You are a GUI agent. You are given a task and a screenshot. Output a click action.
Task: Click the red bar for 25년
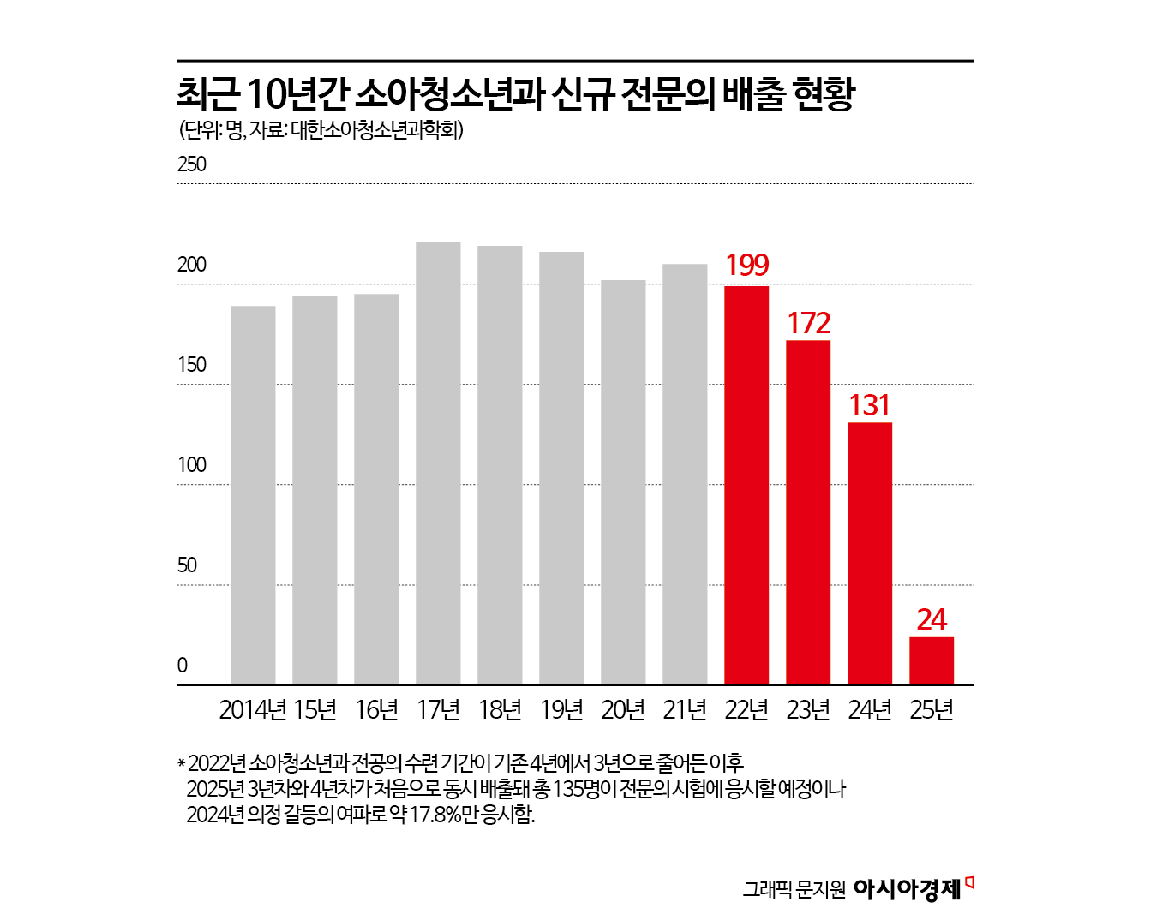[932, 660]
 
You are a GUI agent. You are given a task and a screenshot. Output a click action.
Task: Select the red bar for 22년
[746, 485]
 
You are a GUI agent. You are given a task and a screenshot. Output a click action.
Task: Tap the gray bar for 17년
[438, 463]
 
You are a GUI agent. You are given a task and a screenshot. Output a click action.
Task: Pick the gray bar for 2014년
[253, 495]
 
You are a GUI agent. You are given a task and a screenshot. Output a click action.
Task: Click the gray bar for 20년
[623, 482]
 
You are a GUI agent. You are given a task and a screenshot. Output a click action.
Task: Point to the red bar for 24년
[870, 553]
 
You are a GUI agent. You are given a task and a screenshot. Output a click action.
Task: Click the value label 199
[746, 266]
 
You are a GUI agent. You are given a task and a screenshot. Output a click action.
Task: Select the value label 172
[808, 323]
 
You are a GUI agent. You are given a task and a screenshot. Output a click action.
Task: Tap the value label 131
[870, 405]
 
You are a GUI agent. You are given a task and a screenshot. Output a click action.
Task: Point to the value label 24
[932, 619]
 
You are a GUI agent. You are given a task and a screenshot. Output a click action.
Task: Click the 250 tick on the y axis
[192, 164]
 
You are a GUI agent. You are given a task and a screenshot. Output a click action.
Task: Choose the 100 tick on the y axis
[192, 465]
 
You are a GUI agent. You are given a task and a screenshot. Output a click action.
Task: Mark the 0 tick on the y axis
[183, 666]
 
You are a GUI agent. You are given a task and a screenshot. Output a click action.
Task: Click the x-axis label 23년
[808, 710]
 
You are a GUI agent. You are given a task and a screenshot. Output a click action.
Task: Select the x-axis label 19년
[561, 710]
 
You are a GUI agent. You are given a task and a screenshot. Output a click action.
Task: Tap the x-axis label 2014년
[253, 710]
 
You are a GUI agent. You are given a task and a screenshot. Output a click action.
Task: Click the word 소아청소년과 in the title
[449, 94]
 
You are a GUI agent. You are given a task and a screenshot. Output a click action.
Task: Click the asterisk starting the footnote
[181, 763]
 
